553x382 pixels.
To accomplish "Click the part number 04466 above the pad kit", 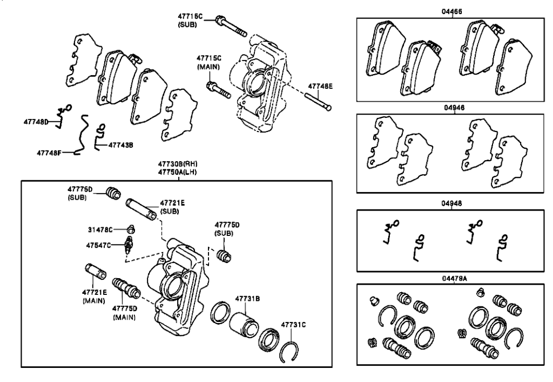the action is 452,12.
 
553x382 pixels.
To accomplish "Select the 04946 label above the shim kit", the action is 454,108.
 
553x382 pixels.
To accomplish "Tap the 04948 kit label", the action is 452,204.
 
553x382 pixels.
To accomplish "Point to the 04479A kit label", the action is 454,278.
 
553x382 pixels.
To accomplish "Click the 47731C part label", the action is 293,325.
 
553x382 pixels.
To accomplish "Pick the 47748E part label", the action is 320,86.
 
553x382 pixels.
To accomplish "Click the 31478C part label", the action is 100,230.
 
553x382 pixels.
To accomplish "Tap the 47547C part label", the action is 98,245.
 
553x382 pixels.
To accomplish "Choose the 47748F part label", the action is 49,153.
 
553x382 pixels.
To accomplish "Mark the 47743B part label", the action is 120,145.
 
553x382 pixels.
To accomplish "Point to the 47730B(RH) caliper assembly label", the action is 177,164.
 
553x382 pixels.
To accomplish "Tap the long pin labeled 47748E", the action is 319,102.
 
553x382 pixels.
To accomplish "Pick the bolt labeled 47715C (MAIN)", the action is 219,90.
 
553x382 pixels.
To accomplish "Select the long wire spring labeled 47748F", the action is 83,134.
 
